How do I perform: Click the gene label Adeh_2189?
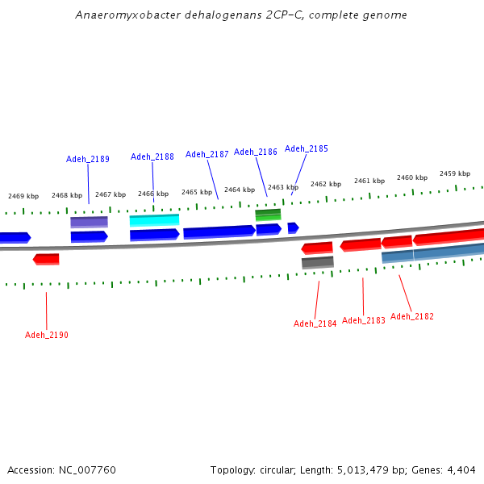88,159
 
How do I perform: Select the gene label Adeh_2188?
152,156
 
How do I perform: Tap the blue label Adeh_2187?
207,154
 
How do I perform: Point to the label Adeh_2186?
256,152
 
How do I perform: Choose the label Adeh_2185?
307,148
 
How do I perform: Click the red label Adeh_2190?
47,335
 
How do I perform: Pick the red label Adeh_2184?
315,323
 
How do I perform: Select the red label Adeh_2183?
364,320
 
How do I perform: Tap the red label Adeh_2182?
412,316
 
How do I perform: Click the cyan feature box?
154,219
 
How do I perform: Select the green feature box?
268,215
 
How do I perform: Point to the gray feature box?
317,262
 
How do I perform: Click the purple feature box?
89,221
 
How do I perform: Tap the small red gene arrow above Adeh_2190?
46,259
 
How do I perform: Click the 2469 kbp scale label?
23,196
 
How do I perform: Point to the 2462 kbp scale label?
326,184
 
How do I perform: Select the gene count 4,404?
461,469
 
